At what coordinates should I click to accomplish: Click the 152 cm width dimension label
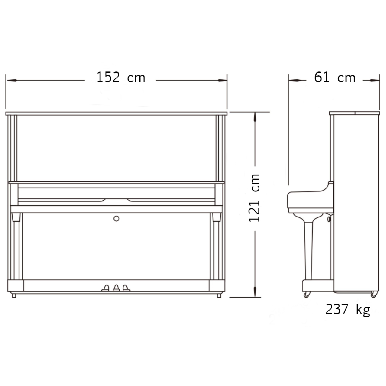click(x=121, y=77)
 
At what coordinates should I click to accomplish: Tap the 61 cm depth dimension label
click(x=335, y=77)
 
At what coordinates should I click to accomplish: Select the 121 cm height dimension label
click(x=254, y=198)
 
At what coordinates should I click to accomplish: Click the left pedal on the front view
click(x=105, y=288)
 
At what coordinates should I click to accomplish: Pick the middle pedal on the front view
click(x=116, y=288)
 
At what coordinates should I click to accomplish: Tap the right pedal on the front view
click(x=126, y=288)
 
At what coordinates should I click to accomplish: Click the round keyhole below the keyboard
click(x=116, y=219)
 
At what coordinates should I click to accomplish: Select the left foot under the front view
click(x=14, y=296)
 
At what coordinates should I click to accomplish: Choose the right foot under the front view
click(x=219, y=296)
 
